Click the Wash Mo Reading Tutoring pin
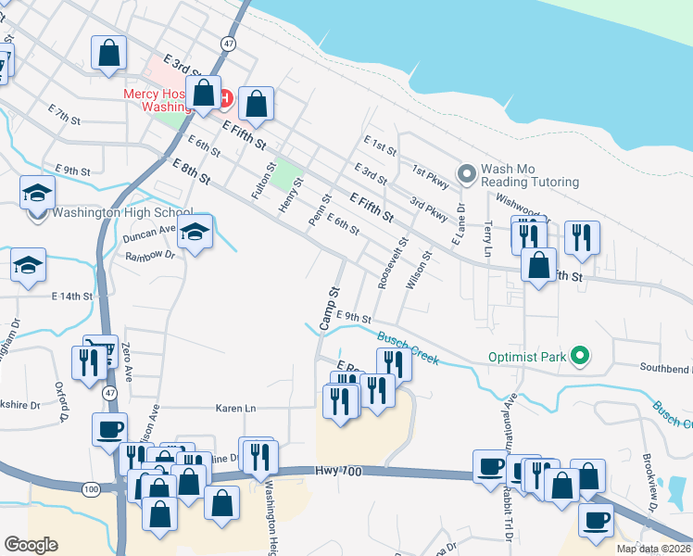click(x=467, y=173)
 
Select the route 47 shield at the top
click(x=228, y=44)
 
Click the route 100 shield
click(x=90, y=488)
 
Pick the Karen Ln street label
click(x=235, y=408)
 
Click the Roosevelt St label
click(x=387, y=268)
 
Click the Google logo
click(x=31, y=545)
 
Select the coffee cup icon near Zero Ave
click(x=109, y=429)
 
